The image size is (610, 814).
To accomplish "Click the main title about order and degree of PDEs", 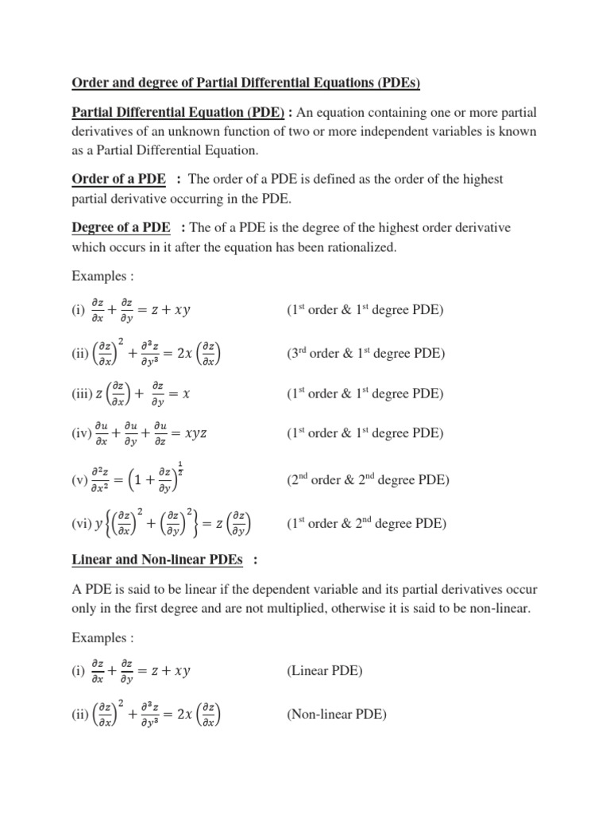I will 247,83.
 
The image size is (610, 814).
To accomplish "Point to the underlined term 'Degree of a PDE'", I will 121,228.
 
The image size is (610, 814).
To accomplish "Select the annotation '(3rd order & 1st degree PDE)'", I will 365,353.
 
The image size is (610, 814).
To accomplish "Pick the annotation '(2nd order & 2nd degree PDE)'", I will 368,481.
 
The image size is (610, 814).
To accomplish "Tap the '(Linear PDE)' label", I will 324,671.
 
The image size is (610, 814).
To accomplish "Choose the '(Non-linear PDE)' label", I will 336,715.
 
